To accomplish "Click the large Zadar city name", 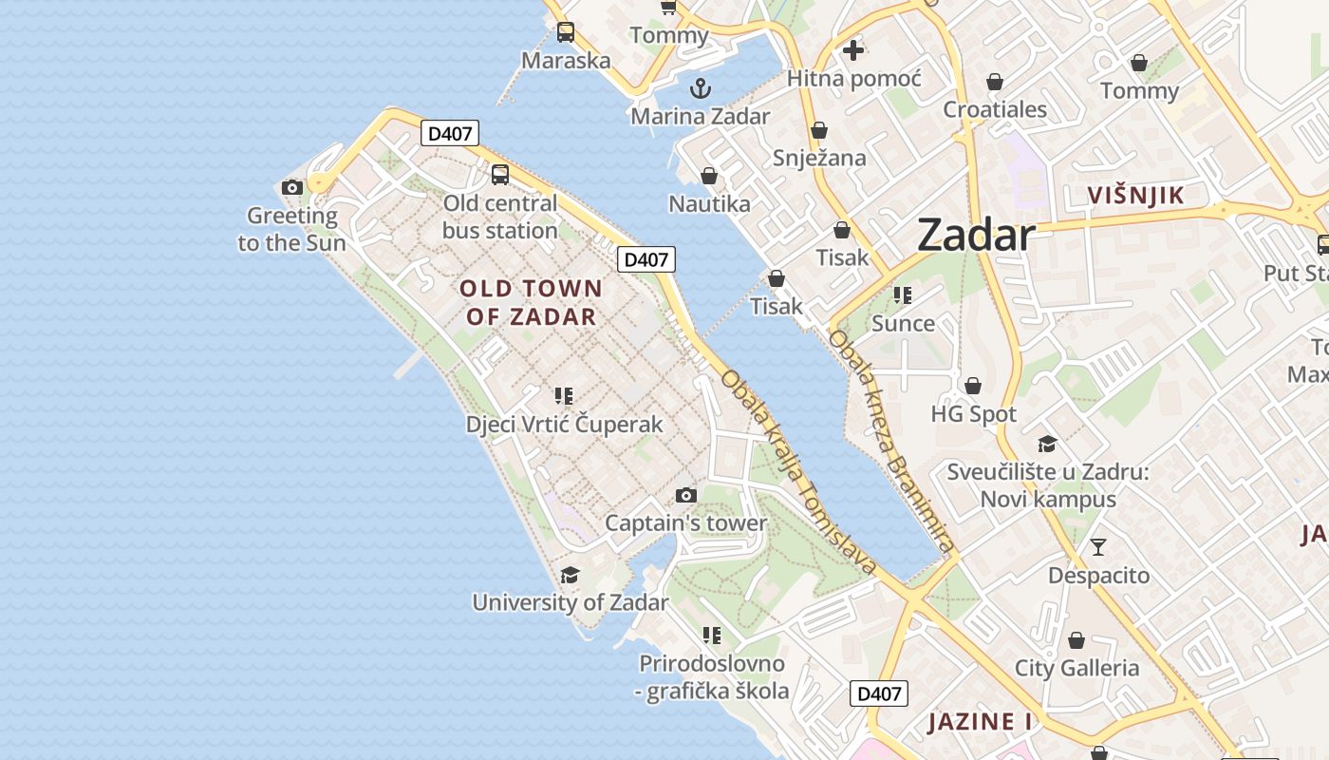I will (x=975, y=236).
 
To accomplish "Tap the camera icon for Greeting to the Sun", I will (x=292, y=187).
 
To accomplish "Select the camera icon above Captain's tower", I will (x=685, y=495).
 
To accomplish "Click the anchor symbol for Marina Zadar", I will (x=700, y=89).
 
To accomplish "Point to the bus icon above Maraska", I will (x=566, y=32).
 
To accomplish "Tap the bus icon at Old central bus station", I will (x=500, y=175).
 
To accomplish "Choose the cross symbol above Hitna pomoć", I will (x=852, y=50).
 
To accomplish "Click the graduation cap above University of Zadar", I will (x=570, y=575).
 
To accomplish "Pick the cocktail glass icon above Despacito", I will (x=1098, y=546).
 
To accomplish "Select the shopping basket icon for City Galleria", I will (x=1076, y=640).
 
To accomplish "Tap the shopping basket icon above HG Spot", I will (x=973, y=386).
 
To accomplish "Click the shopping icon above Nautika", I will (x=708, y=176).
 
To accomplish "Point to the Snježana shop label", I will (x=819, y=157).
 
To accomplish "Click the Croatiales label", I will (x=995, y=109).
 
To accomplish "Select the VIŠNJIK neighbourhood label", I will (x=1136, y=196).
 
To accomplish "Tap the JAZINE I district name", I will (x=980, y=721).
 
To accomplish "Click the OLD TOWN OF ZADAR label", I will (x=531, y=302).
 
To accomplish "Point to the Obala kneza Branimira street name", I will (x=889, y=441).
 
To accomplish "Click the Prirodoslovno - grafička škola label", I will (x=712, y=676).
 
